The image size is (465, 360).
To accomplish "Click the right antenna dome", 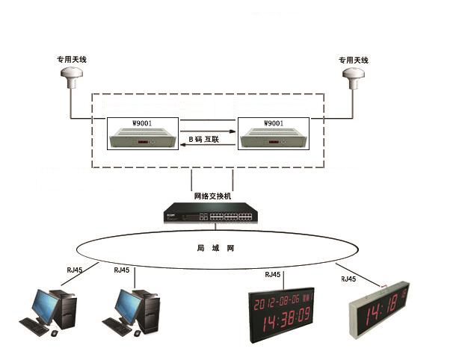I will point(354,75).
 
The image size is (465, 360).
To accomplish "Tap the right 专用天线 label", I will point(354,60).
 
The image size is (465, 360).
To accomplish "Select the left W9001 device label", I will point(143,122).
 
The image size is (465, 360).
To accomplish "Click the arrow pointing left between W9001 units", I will point(209,148).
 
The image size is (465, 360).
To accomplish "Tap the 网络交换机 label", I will point(212,196).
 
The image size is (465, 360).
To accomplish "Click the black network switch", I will point(212,214).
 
